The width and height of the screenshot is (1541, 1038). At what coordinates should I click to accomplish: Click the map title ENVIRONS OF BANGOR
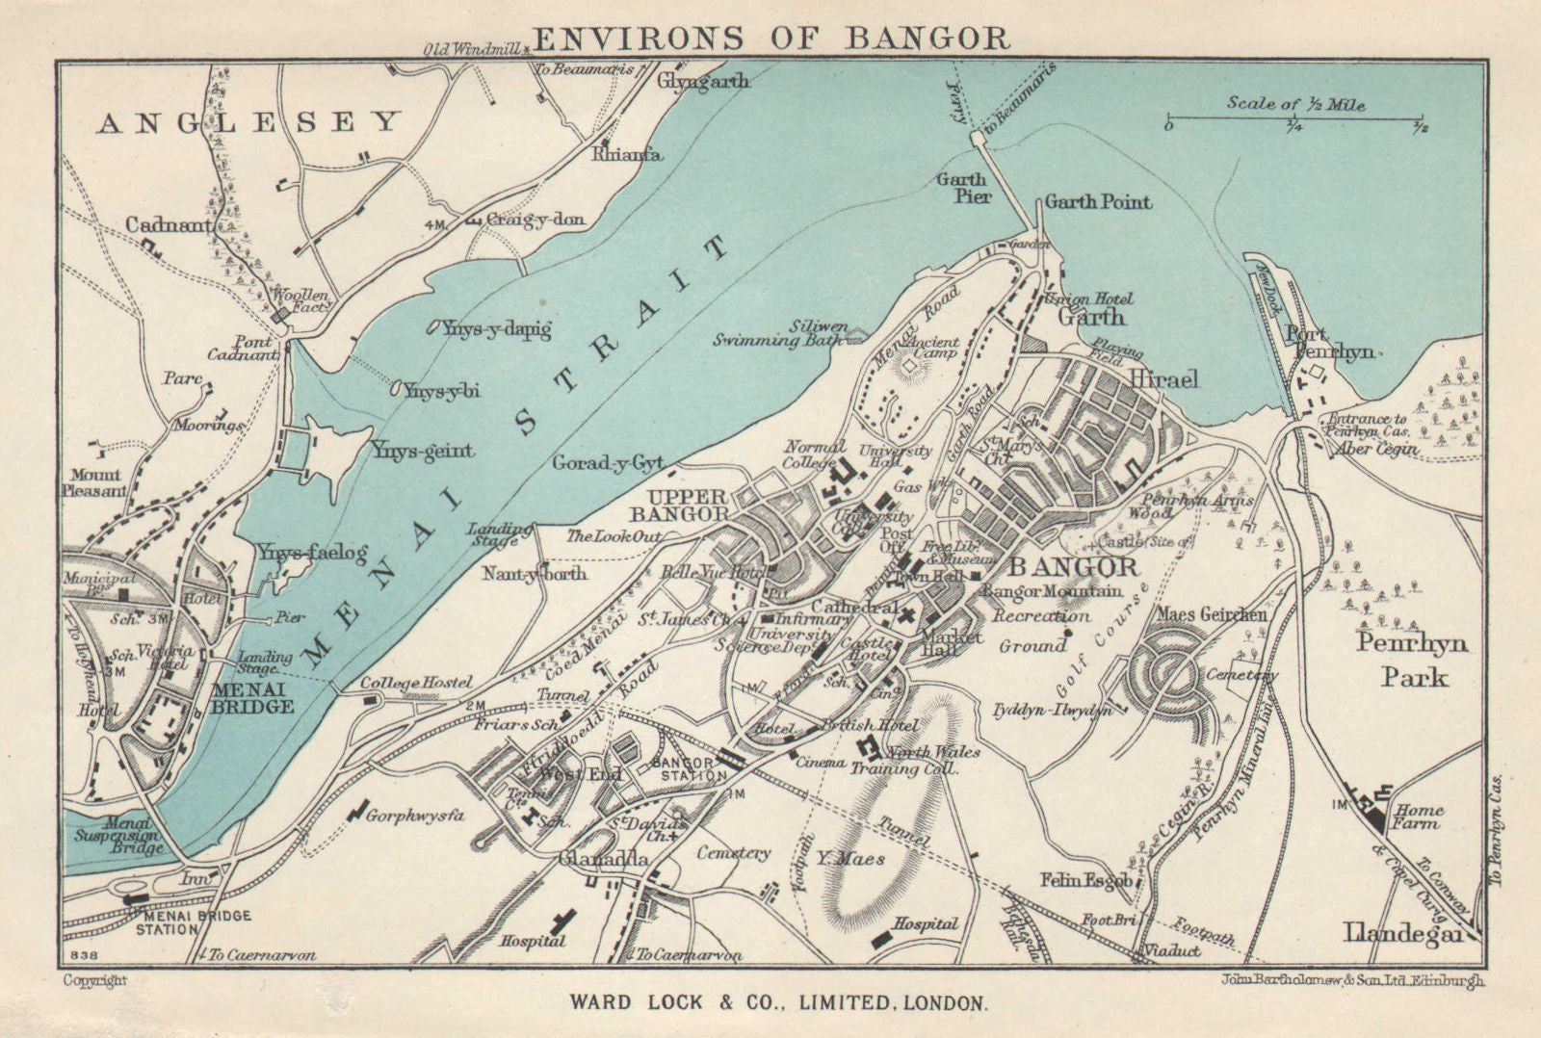(x=770, y=38)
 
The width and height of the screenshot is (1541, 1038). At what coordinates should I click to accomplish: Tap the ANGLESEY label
(x=248, y=122)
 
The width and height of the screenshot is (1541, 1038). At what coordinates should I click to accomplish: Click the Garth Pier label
(x=962, y=188)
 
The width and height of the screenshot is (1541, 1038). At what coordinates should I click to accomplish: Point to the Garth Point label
(x=1098, y=202)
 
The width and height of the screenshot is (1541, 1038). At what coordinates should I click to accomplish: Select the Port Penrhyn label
(x=1329, y=343)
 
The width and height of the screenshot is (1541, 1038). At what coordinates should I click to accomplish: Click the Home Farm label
(x=1419, y=817)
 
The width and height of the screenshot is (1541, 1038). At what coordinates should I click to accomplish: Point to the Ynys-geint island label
(x=422, y=451)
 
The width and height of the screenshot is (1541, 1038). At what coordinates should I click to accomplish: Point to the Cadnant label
(x=169, y=224)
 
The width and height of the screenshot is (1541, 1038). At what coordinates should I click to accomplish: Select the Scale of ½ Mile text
(x=1295, y=104)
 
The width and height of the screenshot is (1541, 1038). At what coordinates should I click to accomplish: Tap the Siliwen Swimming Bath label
(x=780, y=333)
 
